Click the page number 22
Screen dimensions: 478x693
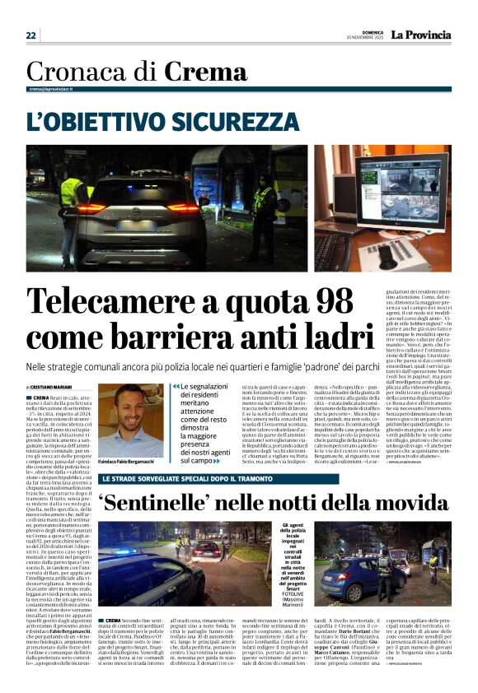30,35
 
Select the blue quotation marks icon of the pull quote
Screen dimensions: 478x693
176,386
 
